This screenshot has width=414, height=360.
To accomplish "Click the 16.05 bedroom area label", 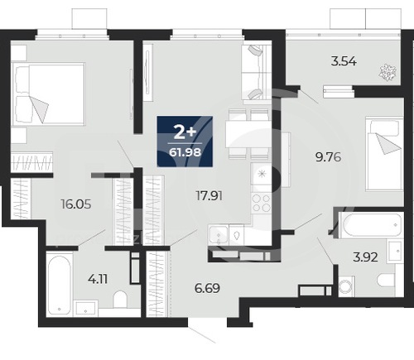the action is tap(76, 204).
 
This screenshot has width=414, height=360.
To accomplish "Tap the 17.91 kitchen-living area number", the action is tap(209, 196).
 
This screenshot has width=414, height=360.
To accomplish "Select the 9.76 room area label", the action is tap(328, 157).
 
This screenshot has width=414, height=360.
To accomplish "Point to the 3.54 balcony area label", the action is tap(344, 61).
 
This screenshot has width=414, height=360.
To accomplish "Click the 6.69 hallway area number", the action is tap(207, 288).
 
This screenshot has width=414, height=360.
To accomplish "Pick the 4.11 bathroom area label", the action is tap(98, 279).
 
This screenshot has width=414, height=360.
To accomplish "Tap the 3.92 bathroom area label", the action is tap(365, 257).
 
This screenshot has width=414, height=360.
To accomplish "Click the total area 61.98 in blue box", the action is tap(185, 152).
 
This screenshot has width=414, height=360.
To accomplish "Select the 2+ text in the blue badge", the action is tap(185, 133).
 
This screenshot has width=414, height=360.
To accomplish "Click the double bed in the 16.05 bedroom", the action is tap(49, 93).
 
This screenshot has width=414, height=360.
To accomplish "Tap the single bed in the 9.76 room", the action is tap(384, 153).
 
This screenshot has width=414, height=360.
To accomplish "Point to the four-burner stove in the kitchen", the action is tap(261, 203).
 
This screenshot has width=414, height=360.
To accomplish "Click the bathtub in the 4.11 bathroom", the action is tap(59, 285).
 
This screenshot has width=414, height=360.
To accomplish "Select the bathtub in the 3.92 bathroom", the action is tap(370, 225).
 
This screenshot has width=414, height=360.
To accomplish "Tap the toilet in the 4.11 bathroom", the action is tap(120, 299).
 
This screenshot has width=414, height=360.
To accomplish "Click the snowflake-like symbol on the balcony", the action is tap(388, 73).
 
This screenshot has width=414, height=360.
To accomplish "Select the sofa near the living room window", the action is tap(257, 72).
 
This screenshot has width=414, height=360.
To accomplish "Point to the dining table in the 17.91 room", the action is tap(249, 134).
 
